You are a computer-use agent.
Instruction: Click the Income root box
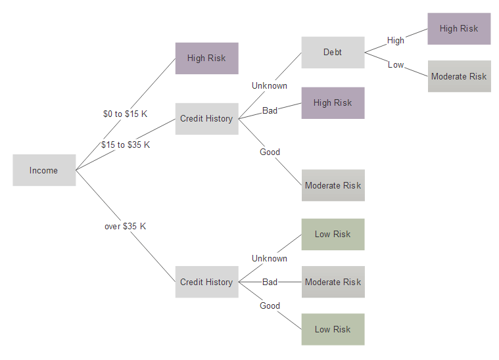(44, 170)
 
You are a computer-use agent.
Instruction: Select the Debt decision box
(333, 53)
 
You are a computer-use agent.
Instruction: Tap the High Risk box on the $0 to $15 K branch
(207, 58)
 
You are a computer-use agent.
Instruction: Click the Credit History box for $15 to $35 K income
(207, 119)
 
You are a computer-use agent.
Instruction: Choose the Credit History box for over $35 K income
(207, 282)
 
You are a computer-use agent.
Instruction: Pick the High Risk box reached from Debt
(459, 29)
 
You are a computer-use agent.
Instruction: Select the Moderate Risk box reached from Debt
(459, 76)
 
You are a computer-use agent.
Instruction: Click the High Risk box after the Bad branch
(333, 103)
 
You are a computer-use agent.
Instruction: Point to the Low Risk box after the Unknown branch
(333, 235)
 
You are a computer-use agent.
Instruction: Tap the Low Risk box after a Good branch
(333, 330)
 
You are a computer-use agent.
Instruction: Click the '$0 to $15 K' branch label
(126, 114)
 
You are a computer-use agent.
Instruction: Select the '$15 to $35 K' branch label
(126, 145)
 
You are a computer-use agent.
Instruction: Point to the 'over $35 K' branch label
(126, 226)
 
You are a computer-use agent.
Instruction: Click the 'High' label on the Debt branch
(396, 40)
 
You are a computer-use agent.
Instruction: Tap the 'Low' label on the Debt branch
(396, 64)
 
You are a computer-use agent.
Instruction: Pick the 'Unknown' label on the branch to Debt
(270, 85)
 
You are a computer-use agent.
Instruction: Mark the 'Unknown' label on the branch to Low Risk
(270, 258)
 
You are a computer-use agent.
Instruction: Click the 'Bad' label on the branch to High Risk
(270, 110)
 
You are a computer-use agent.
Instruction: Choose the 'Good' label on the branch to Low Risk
(270, 305)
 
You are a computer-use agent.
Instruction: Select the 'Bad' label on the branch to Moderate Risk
(270, 282)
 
